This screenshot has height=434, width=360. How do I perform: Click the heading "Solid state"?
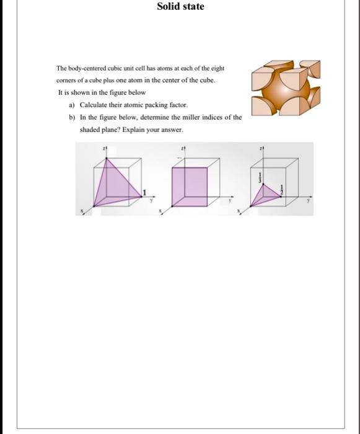pyautogui.click(x=180, y=7)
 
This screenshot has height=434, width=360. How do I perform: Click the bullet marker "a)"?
pyautogui.click(x=72, y=105)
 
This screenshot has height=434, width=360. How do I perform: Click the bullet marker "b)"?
pyautogui.click(x=72, y=118)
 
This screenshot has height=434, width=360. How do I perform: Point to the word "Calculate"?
pyautogui.click(x=94, y=105)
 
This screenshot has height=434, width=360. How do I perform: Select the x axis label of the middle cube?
pyautogui.click(x=160, y=212)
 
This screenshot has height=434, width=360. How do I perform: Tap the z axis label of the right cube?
pyautogui.click(x=262, y=149)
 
